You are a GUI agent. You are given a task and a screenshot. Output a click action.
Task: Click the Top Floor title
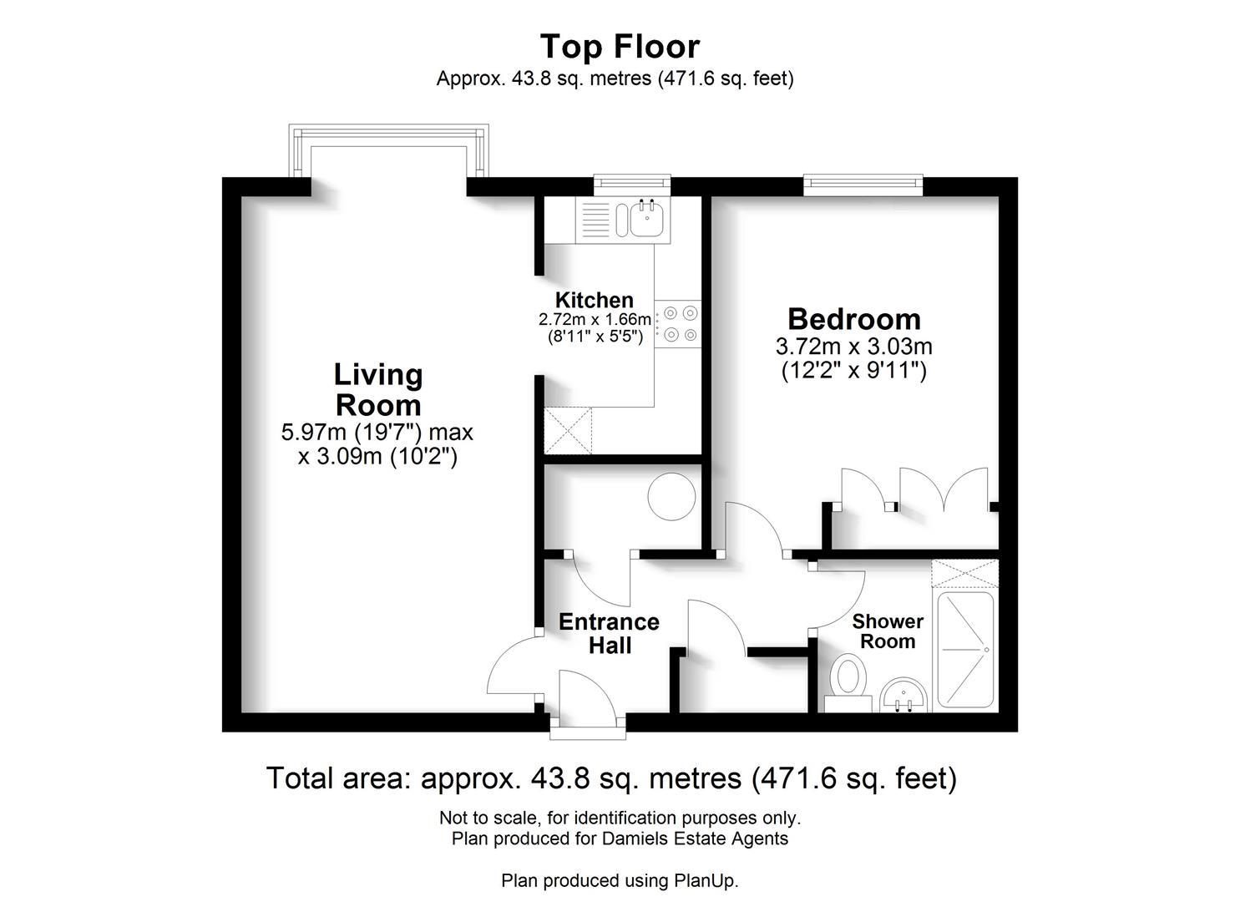coord(620,47)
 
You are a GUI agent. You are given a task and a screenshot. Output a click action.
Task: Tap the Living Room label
coord(378,390)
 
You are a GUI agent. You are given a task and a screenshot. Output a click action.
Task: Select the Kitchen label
coord(595,300)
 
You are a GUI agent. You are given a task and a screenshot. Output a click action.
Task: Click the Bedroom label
coord(854,319)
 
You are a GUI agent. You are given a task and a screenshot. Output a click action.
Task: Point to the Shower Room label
coord(888,631)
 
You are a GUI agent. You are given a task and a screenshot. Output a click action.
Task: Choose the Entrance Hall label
coord(609,634)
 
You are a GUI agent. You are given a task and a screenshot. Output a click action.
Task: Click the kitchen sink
coord(646,220)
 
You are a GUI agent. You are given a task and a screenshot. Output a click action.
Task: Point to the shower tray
coord(966,649)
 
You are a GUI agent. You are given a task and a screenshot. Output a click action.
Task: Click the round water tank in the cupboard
coord(672,498)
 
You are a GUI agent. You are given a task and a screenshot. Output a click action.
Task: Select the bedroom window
coord(863,184)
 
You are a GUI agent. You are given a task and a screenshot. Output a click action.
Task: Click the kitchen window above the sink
coord(631,184)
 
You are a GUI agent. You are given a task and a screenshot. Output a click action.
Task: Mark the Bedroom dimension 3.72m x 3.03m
coord(854,346)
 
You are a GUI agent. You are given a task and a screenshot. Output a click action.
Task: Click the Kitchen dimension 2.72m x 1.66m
coord(595,320)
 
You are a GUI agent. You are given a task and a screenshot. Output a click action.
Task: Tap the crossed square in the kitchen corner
coord(567,431)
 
